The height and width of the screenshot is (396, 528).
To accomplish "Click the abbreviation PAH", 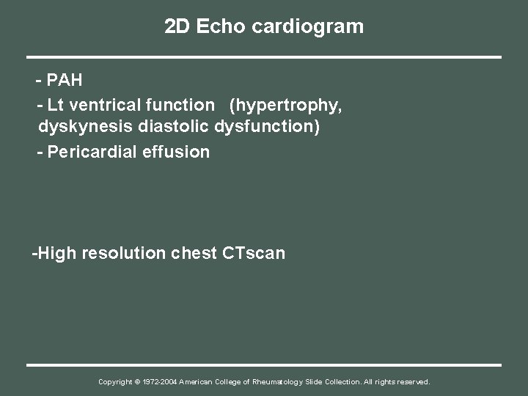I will pos(65,79).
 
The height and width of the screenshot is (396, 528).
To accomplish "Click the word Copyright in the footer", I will pos(116,382).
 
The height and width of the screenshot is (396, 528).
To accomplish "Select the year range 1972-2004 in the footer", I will pos(160,382).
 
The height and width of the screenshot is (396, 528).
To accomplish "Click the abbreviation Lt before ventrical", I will pos(54,105).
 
